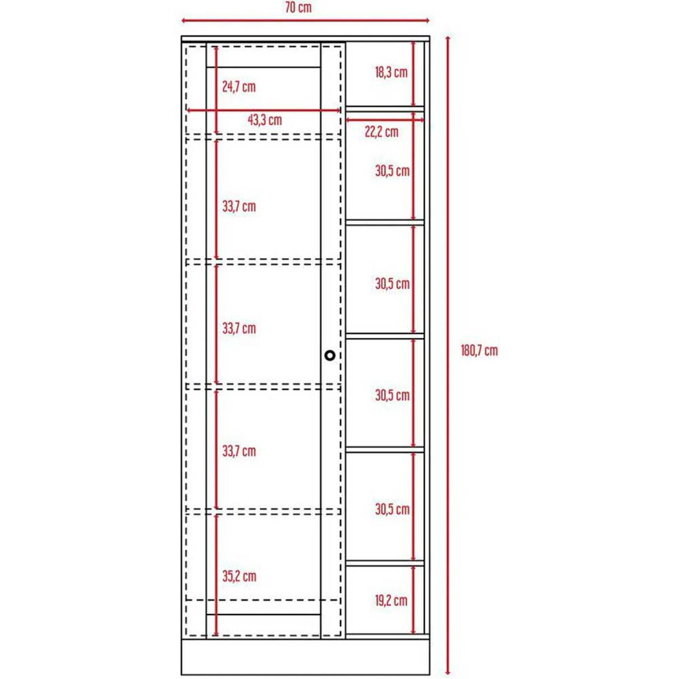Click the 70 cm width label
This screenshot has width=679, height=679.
[298, 8]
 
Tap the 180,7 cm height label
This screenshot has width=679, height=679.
[479, 351]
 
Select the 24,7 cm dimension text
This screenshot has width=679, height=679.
[238, 87]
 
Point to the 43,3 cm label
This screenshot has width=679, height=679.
[264, 121]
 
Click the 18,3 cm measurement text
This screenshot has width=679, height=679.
[391, 72]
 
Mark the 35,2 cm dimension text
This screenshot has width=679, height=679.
[239, 577]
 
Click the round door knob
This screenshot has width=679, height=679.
[330, 355]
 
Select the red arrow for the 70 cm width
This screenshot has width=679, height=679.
[306, 21]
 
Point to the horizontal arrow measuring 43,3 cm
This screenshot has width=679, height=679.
[264, 110]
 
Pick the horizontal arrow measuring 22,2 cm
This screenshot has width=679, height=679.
[385, 120]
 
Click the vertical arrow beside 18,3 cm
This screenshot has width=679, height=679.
[414, 72]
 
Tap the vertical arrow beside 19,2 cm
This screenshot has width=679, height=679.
[414, 600]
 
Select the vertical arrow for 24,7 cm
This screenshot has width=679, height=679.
[216, 88]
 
